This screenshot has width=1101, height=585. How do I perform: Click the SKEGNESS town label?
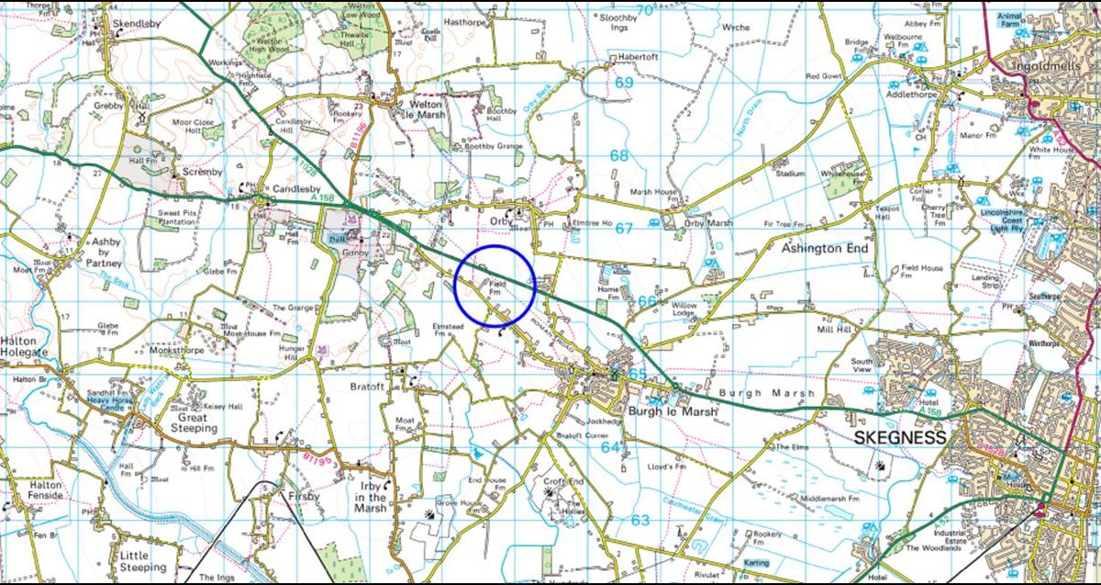coord(899,438)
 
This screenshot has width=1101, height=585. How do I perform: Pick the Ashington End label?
coord(824,248)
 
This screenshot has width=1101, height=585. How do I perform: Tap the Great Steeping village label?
coord(194,422)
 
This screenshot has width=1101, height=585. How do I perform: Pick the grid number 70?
coord(646,11)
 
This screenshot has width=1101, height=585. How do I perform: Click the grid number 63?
coord(639,521)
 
